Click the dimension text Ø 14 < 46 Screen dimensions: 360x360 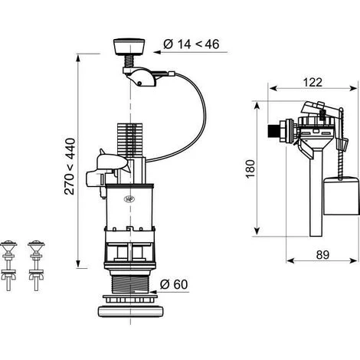tap(191, 44)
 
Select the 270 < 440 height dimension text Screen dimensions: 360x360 tap(70, 166)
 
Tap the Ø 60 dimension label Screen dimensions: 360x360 tap(174, 284)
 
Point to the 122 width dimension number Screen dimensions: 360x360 tap(313, 82)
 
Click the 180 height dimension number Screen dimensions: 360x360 tap(250, 169)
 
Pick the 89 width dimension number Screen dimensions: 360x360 tap(322, 255)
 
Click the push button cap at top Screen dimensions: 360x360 tap(129, 47)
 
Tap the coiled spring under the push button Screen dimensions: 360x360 tap(129, 61)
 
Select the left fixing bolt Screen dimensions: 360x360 tap(8, 265)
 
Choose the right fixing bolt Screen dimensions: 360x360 tap(36, 265)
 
